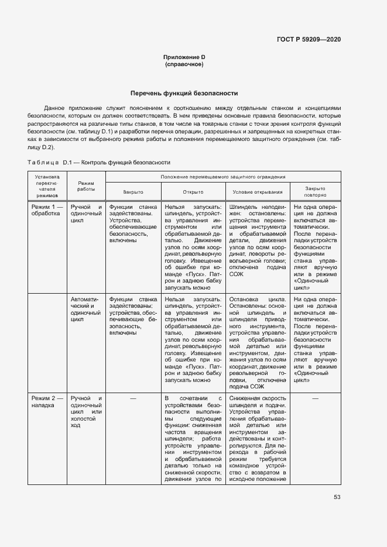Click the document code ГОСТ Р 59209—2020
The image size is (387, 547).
point(308,39)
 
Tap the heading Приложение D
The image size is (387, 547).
point(184,57)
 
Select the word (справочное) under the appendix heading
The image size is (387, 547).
point(184,64)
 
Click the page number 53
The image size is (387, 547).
point(337,497)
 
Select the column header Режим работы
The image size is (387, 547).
point(86,186)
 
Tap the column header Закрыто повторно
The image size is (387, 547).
point(314,192)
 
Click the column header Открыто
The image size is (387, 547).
point(193,192)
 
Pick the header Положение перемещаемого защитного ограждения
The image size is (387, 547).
point(223,177)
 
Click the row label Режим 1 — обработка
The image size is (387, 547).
point(47,210)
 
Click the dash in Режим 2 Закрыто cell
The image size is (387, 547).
point(133,398)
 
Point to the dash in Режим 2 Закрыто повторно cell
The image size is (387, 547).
point(315,398)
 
